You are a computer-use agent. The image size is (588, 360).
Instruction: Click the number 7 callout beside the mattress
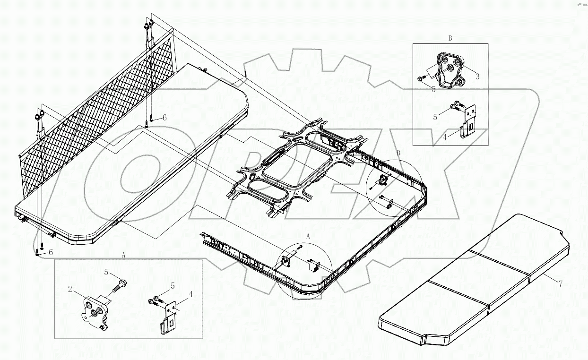(x=560, y=283)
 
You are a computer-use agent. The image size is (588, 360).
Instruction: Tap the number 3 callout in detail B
(x=477, y=76)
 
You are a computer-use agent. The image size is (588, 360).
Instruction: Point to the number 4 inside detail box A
(x=190, y=294)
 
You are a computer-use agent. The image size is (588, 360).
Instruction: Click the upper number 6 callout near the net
(x=164, y=118)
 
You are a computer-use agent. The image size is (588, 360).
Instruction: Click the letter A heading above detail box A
(x=124, y=255)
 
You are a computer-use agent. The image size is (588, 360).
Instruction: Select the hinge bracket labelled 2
(x=94, y=311)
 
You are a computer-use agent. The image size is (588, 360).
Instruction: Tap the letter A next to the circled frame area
(x=308, y=235)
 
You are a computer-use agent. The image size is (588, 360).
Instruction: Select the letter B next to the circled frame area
(x=398, y=153)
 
